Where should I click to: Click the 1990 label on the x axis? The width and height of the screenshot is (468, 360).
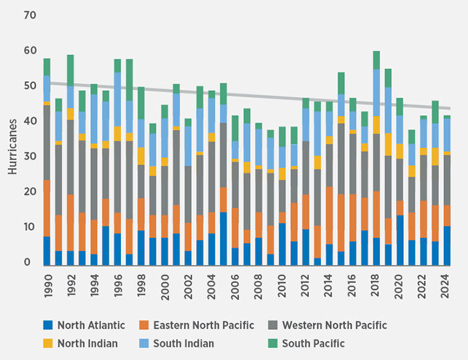(x=47, y=282)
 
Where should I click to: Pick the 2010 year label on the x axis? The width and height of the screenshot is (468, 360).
(x=283, y=282)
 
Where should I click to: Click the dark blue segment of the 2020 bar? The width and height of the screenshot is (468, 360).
(x=400, y=240)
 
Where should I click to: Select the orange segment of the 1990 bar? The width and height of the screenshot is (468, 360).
(x=47, y=208)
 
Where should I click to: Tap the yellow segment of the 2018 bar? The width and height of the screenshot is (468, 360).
(x=377, y=125)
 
